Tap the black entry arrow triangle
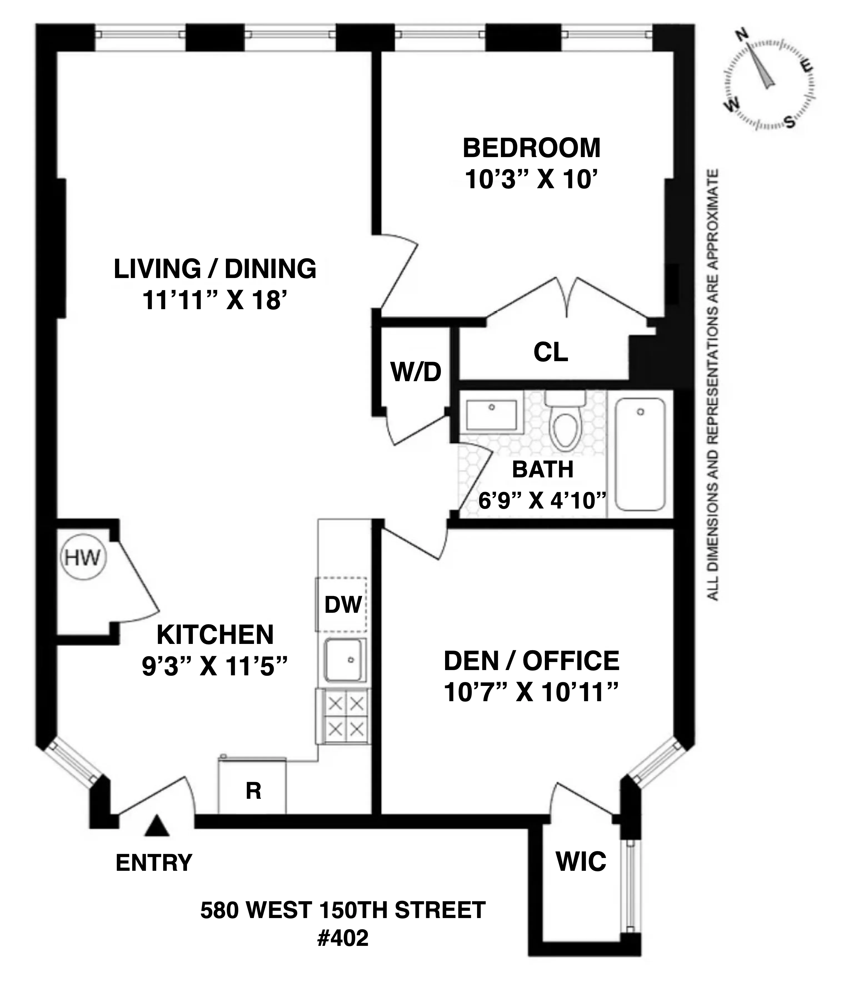point(157,826)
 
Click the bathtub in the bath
point(640,454)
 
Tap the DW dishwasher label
point(343,605)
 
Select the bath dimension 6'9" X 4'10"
point(542,500)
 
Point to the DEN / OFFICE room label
point(531,661)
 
